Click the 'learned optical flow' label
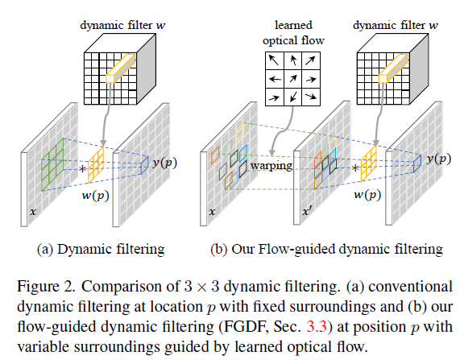pyautogui.click(x=293, y=32)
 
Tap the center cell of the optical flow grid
pyautogui.click(x=292, y=79)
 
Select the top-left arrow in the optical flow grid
pyautogui.click(x=274, y=60)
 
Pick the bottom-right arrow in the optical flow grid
pyautogui.click(x=311, y=96)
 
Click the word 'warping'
pyautogui.click(x=271, y=166)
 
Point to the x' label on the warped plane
pyautogui.click(x=305, y=211)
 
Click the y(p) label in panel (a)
pyautogui.click(x=165, y=162)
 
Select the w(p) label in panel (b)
pyautogui.click(x=367, y=195)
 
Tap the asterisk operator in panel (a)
pyautogui.click(x=83, y=169)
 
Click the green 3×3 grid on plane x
pyautogui.click(x=52, y=164)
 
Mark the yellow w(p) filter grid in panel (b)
pyautogui.click(x=368, y=163)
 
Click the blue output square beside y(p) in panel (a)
pyautogui.click(x=144, y=166)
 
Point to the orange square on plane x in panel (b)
pyautogui.click(x=215, y=155)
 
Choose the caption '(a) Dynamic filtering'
pyautogui.click(x=101, y=250)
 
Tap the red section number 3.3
pyautogui.click(x=317, y=326)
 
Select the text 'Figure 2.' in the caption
pyautogui.click(x=47, y=287)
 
